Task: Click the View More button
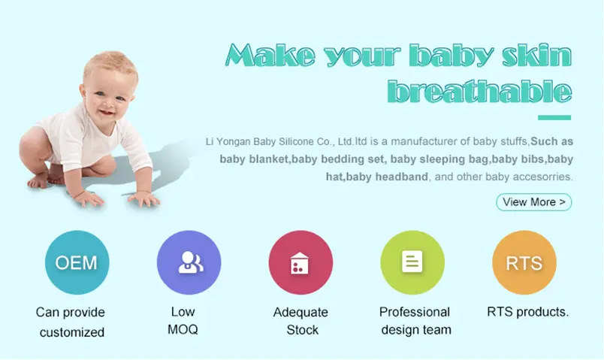[x=534, y=202]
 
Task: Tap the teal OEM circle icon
[x=77, y=262]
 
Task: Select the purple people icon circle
[x=189, y=262]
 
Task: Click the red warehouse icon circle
[x=300, y=262]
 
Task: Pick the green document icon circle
[x=412, y=262]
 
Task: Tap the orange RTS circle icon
[x=524, y=262]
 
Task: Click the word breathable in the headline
[x=479, y=92]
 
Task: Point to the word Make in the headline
[x=270, y=55]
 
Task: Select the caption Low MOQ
[x=183, y=320]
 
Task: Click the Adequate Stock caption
[x=300, y=321]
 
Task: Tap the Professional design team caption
[x=415, y=321]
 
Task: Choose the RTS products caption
[x=527, y=312]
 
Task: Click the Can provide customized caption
[x=71, y=322]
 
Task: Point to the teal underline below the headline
[x=554, y=117]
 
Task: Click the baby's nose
[x=108, y=101]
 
